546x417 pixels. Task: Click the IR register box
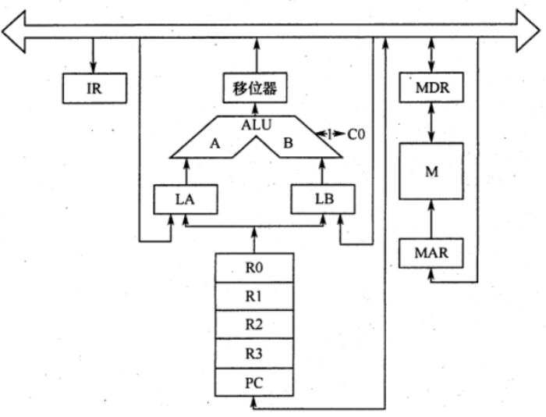pyautogui.click(x=94, y=88)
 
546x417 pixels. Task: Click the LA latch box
pyautogui.click(x=186, y=200)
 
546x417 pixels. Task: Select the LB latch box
pyautogui.click(x=323, y=200)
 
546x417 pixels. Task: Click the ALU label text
pyautogui.click(x=256, y=123)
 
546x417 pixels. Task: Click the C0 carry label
pyautogui.click(x=356, y=134)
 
